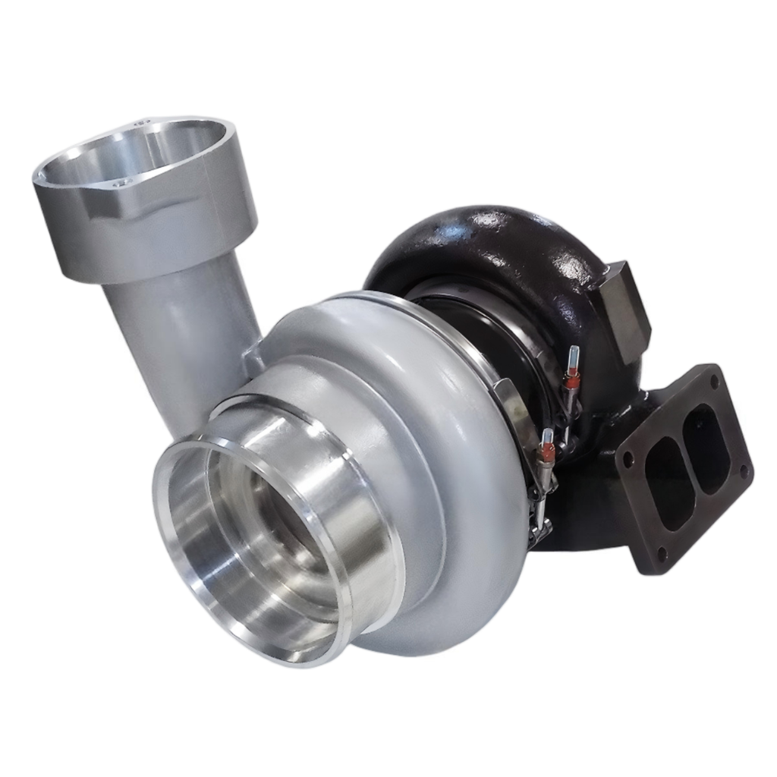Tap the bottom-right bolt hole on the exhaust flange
click(744, 470)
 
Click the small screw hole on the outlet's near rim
click(117, 183)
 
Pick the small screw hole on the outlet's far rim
click(140, 121)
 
